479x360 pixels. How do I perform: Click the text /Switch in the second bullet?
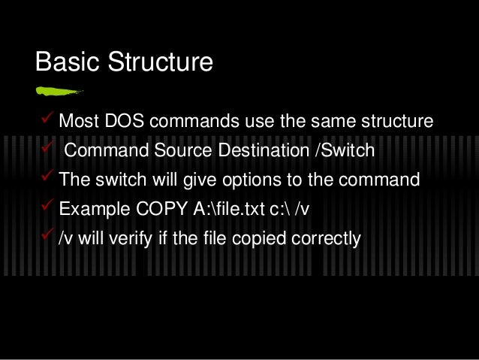[344, 150]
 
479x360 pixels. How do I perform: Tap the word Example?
[93, 209]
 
